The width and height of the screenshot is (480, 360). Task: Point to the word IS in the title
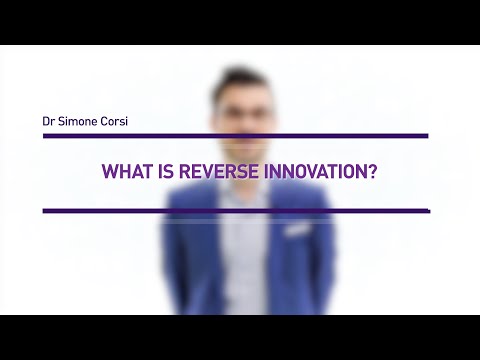click(170, 172)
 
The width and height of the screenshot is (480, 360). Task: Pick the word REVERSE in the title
click(220, 172)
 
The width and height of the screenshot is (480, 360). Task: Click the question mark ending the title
click(370, 172)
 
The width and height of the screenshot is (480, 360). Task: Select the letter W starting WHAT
click(110, 172)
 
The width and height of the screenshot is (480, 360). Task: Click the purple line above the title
click(235, 135)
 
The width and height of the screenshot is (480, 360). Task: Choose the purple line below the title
click(235, 211)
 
